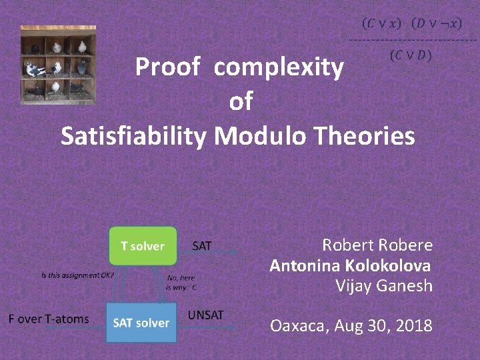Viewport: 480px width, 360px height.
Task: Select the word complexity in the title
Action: point(279,67)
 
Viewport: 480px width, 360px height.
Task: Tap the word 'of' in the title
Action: point(241,102)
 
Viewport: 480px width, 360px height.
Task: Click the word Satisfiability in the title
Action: point(134,136)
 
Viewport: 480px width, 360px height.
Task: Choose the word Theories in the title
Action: point(364,136)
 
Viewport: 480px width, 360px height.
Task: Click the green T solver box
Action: point(143,246)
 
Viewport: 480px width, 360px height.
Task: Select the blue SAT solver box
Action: point(141,323)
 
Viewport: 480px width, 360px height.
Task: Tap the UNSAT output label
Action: point(206,315)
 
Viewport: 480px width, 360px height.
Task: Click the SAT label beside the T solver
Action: point(202,246)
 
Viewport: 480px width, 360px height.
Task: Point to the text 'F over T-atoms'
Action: point(49,319)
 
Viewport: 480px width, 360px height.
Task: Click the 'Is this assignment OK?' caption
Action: point(78,275)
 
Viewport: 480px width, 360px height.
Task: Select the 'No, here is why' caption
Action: point(182,283)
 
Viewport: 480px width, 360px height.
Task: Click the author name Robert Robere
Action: point(377,245)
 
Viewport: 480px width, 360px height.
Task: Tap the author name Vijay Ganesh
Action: point(384,287)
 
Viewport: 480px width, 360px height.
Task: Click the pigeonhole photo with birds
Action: point(58,65)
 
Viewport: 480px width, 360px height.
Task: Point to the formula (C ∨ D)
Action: point(411,55)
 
